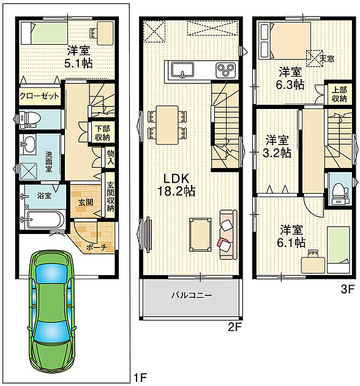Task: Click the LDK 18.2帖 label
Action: click(x=176, y=184)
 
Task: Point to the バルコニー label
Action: click(x=192, y=295)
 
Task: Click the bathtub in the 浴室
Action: click(x=44, y=219)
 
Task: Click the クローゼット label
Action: click(x=39, y=96)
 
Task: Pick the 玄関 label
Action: click(x=86, y=202)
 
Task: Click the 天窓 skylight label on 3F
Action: click(x=327, y=59)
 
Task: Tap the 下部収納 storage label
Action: click(x=102, y=133)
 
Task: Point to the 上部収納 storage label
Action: click(x=339, y=94)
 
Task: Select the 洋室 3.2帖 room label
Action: click(x=277, y=146)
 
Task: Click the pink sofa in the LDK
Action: click(x=228, y=235)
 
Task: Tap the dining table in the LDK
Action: click(x=167, y=125)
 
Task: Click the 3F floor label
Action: click(x=348, y=289)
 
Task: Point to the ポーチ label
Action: click(x=97, y=247)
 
